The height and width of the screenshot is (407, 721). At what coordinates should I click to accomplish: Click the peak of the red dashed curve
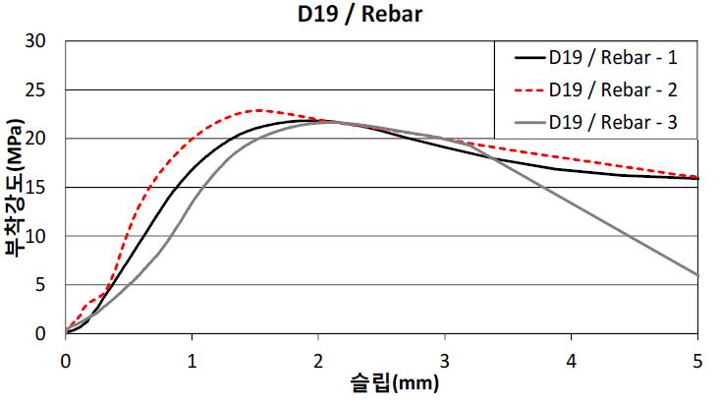coord(258,110)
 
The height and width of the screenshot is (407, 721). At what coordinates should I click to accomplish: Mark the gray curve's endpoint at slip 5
coord(697,275)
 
